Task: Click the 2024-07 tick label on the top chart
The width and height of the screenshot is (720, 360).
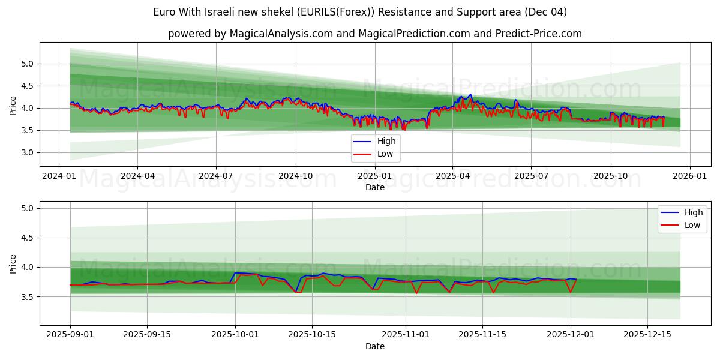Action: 216,176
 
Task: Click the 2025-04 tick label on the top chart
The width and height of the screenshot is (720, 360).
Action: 452,176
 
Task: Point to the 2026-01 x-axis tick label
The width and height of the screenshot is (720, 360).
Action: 689,176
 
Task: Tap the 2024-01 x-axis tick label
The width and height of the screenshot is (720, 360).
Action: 58,176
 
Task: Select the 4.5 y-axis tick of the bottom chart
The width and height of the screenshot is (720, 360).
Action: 28,238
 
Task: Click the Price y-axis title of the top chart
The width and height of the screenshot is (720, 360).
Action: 13,106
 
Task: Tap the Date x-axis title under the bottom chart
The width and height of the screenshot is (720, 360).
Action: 375,346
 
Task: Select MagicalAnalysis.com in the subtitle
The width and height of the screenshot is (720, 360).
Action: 281,34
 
